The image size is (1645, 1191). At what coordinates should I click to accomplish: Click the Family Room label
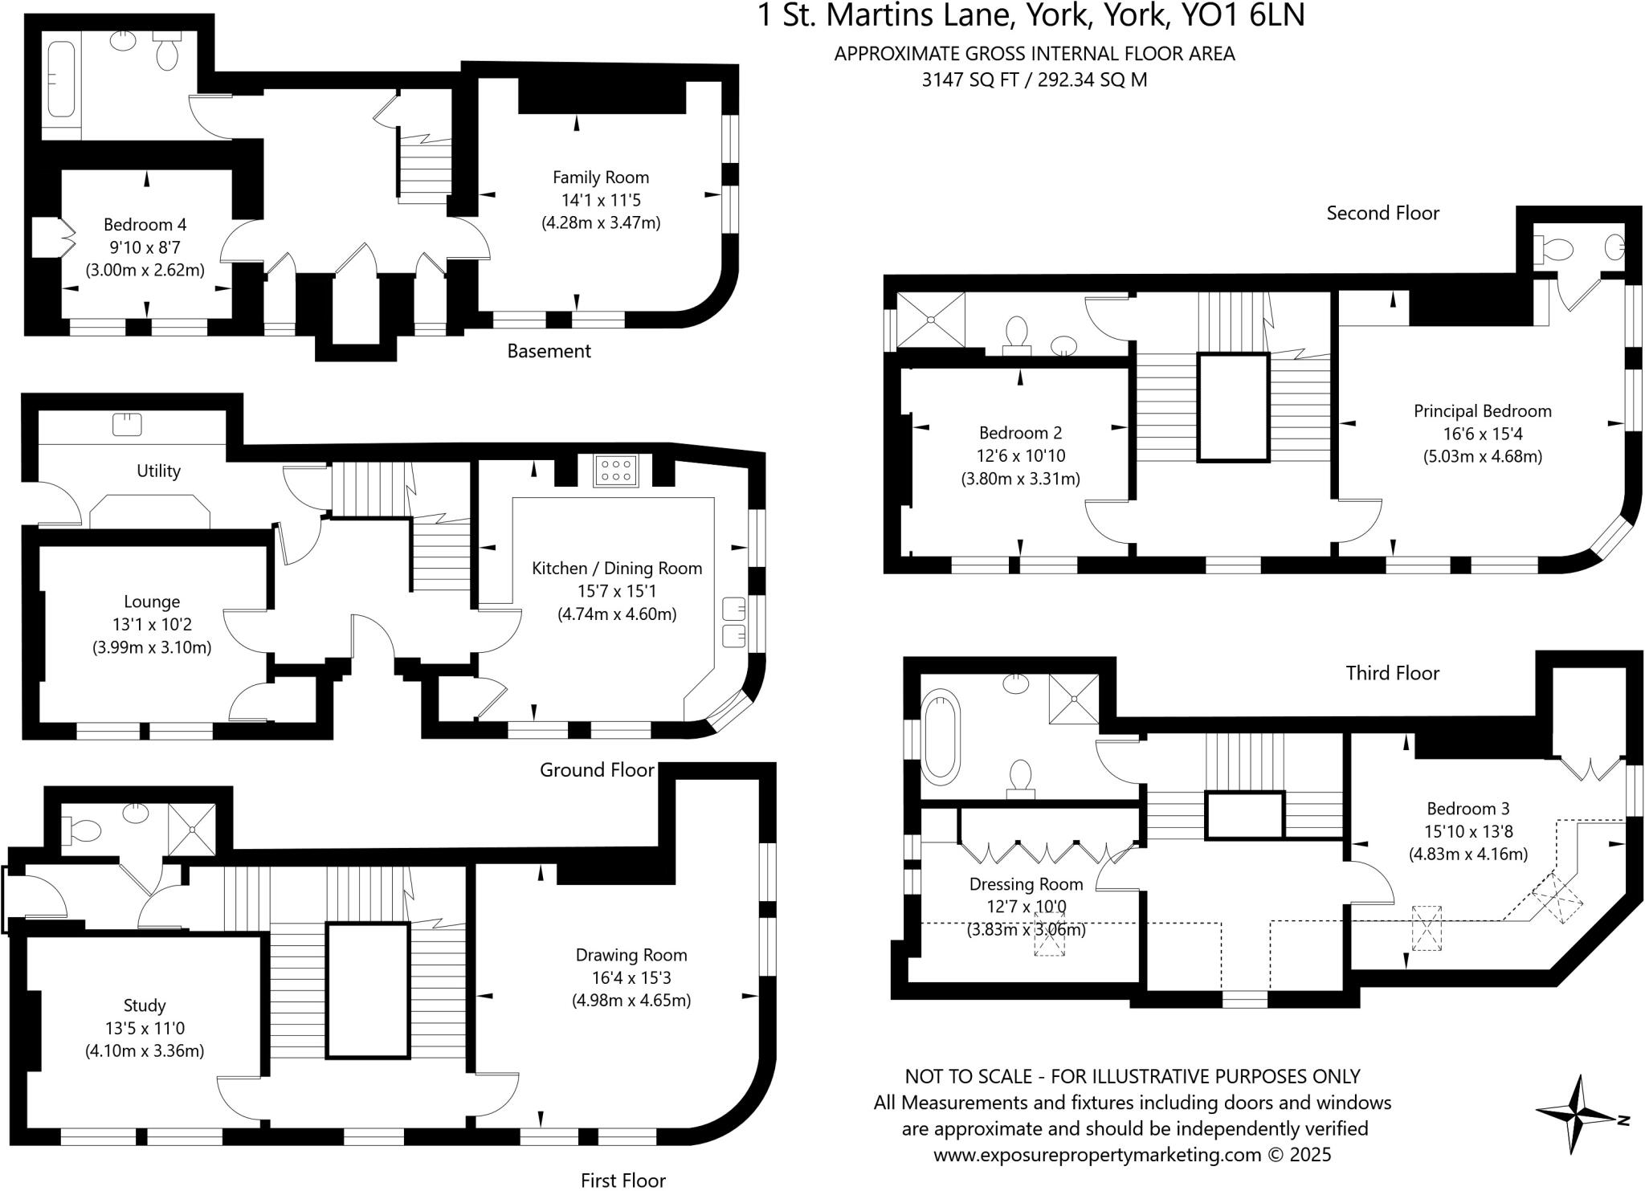pos(600,177)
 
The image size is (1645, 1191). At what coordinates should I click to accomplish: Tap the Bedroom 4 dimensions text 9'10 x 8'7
pos(145,247)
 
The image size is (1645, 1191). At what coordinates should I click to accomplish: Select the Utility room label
pos(158,471)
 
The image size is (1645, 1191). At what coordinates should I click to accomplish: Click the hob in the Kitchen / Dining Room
pos(616,470)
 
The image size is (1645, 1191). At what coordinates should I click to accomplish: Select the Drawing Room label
pos(631,955)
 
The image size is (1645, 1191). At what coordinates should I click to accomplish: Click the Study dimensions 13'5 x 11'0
pos(145,1028)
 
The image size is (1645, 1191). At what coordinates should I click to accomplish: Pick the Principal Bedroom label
pos(1482,411)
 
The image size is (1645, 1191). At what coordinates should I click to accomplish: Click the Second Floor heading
pos(1382,213)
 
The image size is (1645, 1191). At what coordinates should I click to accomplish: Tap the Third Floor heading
pos(1392,673)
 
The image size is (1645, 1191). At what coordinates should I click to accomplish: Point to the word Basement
pos(549,351)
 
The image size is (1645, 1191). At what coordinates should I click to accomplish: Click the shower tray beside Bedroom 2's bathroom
pos(930,320)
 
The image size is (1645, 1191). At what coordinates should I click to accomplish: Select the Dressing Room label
pos(1026,884)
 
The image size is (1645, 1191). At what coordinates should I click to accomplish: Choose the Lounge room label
pos(152,602)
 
